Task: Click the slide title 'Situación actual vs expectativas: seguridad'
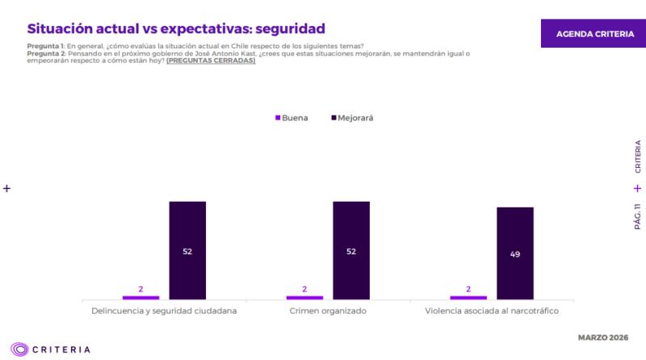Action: [165, 29]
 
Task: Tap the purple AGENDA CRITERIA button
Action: [594, 34]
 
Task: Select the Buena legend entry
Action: [292, 118]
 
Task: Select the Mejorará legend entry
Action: [353, 118]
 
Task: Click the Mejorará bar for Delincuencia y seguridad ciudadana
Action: [187, 250]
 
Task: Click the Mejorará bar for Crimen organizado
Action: [351, 250]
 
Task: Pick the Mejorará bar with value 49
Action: [515, 253]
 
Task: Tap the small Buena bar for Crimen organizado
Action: [304, 297]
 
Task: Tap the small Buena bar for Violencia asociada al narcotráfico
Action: [468, 297]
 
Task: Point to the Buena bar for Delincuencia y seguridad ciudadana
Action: [141, 297]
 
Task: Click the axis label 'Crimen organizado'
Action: [328, 311]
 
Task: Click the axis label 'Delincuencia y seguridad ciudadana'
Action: [164, 311]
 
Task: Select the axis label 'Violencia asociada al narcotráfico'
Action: [492, 311]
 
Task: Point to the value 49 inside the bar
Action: [515, 254]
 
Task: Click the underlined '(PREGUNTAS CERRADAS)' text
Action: [211, 61]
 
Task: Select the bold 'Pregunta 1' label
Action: [45, 46]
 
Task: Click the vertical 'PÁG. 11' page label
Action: [637, 216]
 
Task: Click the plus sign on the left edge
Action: [6, 188]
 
